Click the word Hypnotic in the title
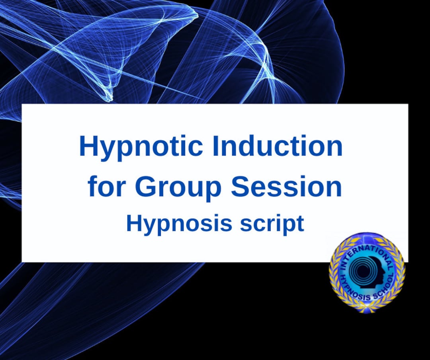(x=141, y=147)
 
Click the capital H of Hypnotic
(x=88, y=146)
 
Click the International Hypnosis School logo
(x=367, y=272)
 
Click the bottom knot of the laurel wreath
(x=367, y=309)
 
